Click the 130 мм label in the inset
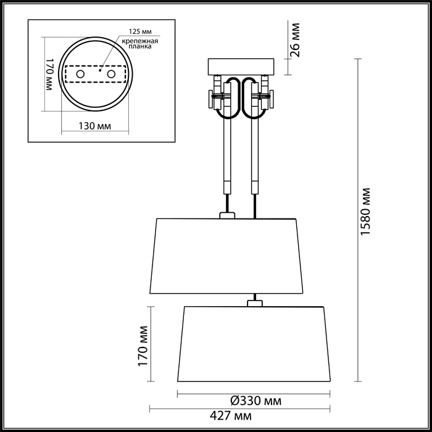coord(95,126)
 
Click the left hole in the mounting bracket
coord(80,74)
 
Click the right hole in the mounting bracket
coord(112,74)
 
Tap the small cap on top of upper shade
coord(227,215)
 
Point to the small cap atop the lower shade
coord(254,303)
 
